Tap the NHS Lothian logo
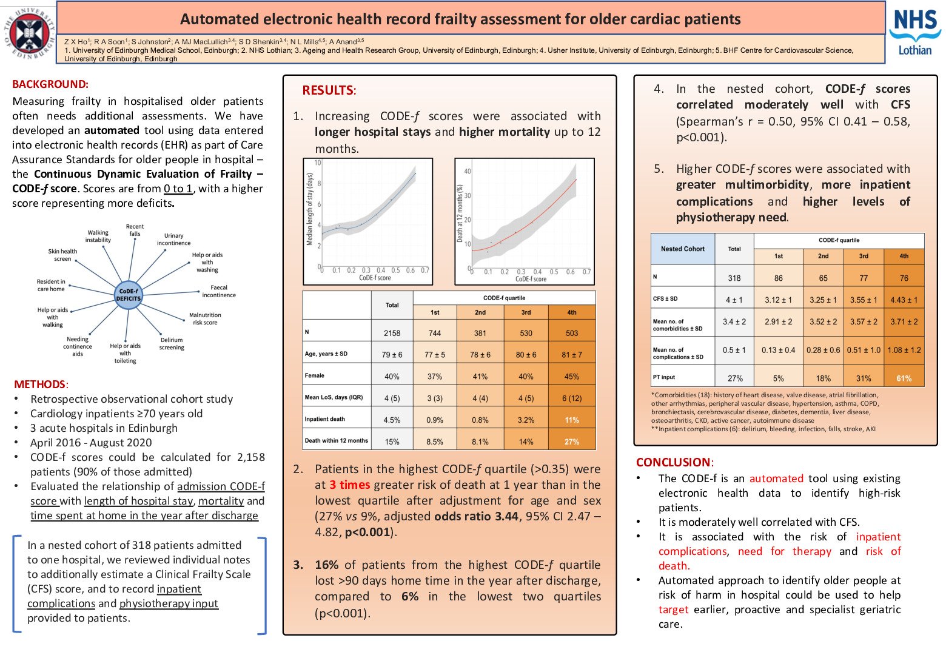pos(915,32)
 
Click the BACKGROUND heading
pos(50,84)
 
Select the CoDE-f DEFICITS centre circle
pos(129,295)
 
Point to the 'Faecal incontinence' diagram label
pos(219,291)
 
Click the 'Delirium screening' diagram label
pos(172,344)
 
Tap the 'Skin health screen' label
pos(62,255)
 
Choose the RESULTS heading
pos(328,90)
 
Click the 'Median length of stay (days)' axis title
pos(310,209)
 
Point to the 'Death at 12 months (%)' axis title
pos(460,213)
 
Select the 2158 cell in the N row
pos(392,333)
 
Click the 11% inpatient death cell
pos(571,420)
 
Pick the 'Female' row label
pos(315,376)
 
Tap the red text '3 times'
pos(350,485)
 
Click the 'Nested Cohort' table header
pos(683,249)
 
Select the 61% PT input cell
pos(904,378)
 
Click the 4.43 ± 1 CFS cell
pos(904,300)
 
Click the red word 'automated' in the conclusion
pos(776,479)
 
